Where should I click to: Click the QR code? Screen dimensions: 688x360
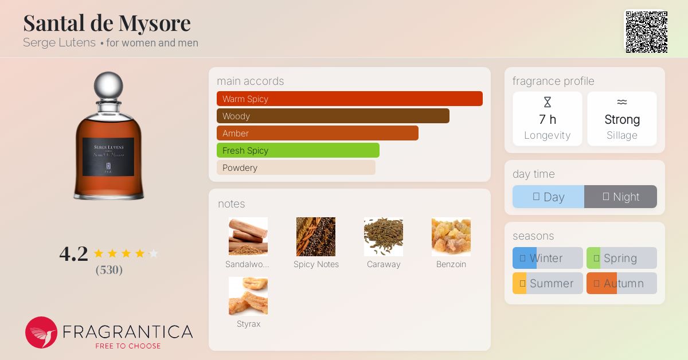coord(647,32)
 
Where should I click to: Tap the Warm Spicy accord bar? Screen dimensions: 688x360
coord(350,99)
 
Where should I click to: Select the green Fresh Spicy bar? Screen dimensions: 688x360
coord(298,151)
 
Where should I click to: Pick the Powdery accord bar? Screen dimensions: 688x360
coord(296,168)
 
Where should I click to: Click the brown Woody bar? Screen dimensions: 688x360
coord(333,116)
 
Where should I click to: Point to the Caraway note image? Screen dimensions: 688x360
coord(384,237)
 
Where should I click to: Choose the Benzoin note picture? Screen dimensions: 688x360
coord(451,237)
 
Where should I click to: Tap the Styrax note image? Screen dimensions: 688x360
coord(248,296)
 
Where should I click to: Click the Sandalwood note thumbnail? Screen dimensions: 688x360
coord(248,237)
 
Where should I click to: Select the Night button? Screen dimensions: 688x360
coord(621,197)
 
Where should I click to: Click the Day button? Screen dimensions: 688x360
coord(549,197)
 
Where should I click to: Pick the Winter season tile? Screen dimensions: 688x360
coord(548,258)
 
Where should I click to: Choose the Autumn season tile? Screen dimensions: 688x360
coord(621,283)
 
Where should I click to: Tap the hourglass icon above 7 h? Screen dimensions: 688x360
coord(548,102)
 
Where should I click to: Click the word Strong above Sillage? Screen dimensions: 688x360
coord(622,119)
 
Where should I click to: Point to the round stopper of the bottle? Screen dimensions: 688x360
coord(108,85)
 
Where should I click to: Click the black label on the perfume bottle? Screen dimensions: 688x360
coord(108,156)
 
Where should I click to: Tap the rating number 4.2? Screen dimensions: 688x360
coord(74,254)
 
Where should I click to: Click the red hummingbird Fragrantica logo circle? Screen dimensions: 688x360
coord(41,332)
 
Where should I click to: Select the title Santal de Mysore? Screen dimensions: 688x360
coord(107,23)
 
